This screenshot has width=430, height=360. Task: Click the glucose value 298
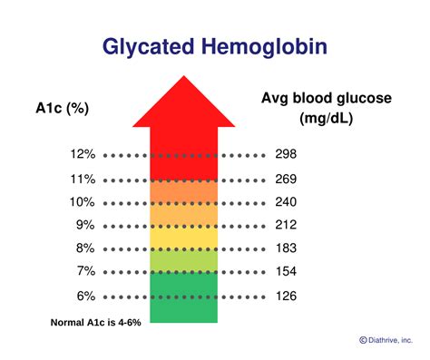(x=286, y=155)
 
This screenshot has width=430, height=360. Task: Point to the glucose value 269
(x=286, y=179)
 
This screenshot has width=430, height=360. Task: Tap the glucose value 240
(x=286, y=202)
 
